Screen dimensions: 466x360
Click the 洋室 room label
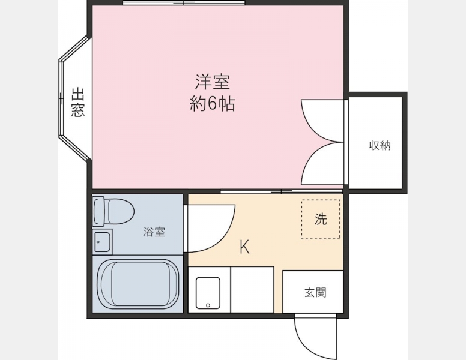(x=212, y=82)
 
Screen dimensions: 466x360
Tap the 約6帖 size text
(x=212, y=104)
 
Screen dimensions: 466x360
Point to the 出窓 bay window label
(x=78, y=102)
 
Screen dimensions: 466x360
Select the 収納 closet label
(x=380, y=146)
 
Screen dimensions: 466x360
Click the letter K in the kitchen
(x=244, y=247)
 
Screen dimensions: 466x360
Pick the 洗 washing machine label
(x=321, y=219)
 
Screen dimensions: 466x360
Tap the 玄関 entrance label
(x=315, y=293)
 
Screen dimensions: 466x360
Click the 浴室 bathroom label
(x=154, y=232)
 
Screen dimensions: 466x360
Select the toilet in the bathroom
(x=113, y=211)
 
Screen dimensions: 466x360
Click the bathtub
(x=138, y=284)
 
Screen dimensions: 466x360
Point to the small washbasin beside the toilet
(x=102, y=242)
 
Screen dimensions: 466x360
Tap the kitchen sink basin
(x=208, y=293)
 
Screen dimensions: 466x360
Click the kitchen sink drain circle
(x=208, y=305)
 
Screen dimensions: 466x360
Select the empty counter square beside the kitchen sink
(x=252, y=290)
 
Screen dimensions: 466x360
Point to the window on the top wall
(x=184, y=3)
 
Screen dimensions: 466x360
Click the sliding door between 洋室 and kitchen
(x=281, y=191)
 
